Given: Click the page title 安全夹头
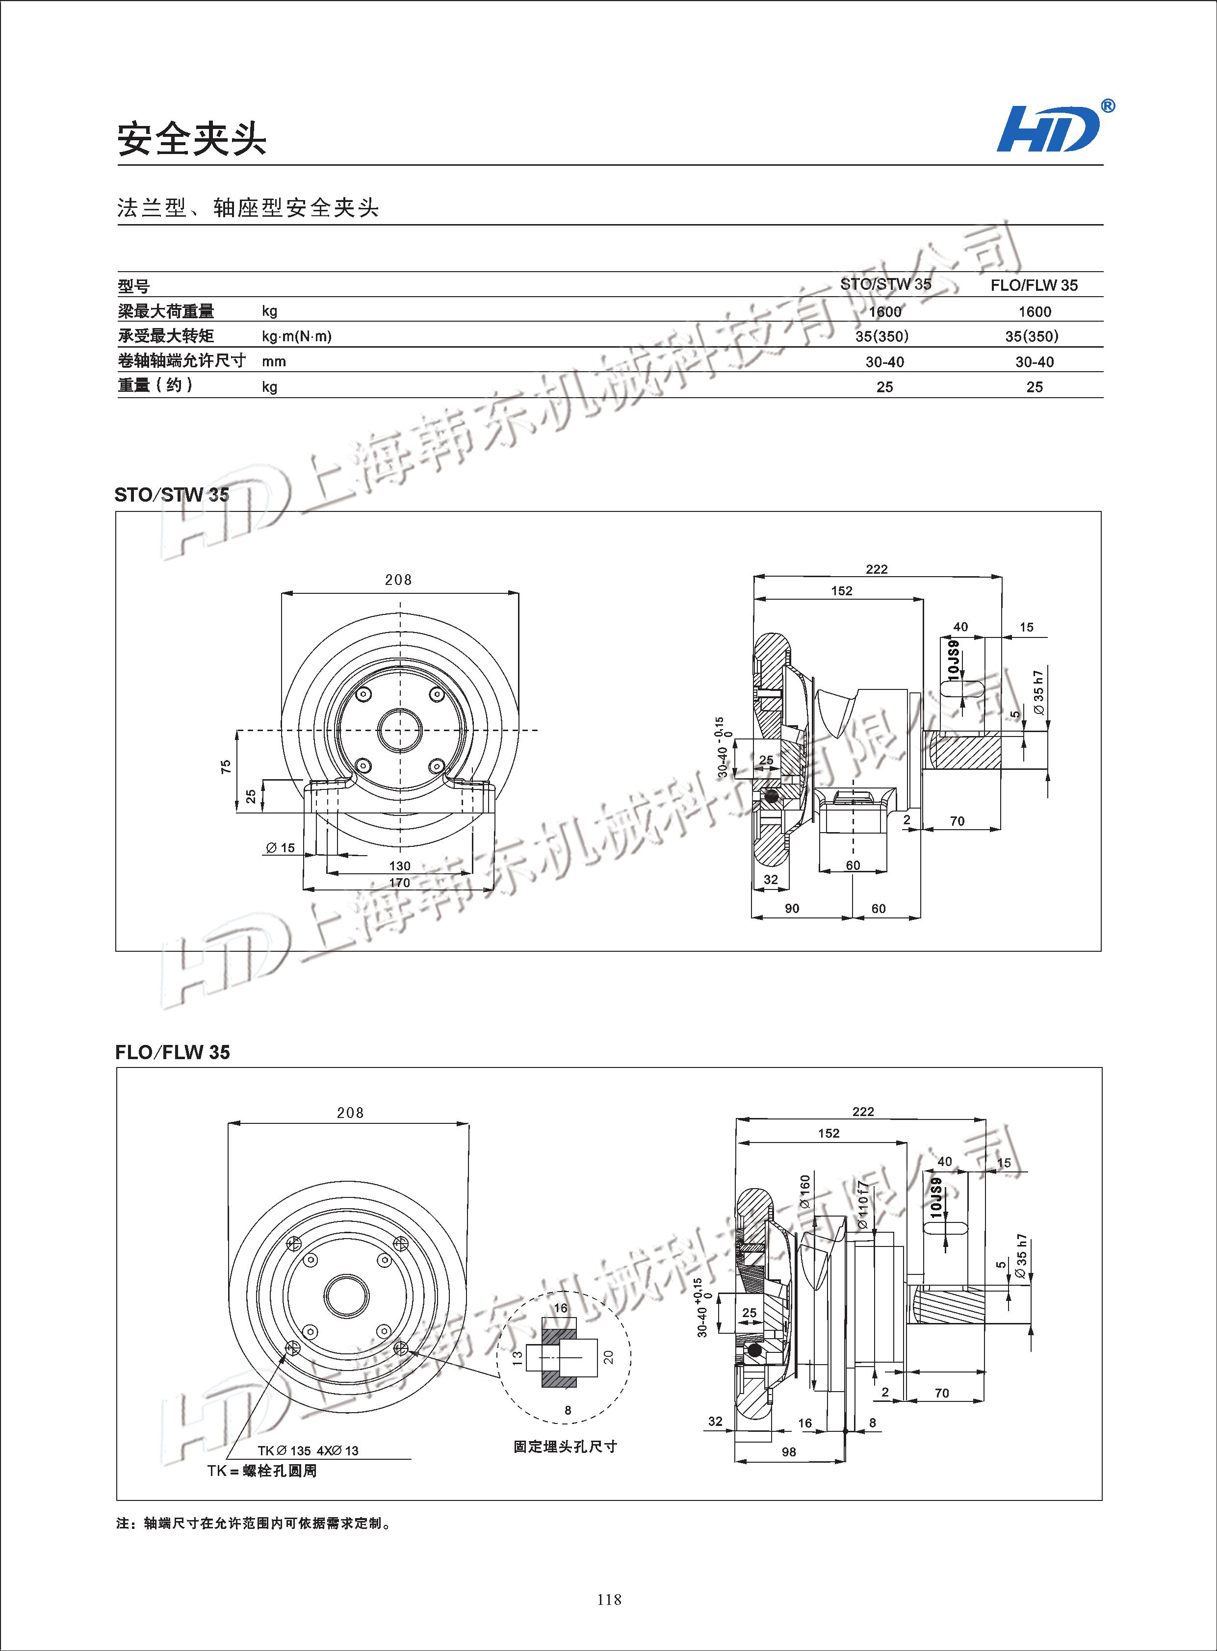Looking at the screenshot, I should click(x=191, y=138).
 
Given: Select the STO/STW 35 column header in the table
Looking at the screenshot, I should click(x=885, y=284).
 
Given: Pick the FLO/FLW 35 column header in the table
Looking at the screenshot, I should click(x=1034, y=285).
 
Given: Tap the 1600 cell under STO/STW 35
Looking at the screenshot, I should click(x=885, y=311).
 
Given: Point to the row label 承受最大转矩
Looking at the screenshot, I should click(x=166, y=336).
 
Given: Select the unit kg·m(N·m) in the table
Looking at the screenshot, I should click(x=296, y=336).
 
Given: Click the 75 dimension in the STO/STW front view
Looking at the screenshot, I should click(x=226, y=766).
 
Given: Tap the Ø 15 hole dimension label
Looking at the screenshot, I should click(x=281, y=848).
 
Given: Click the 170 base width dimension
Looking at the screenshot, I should click(x=399, y=882).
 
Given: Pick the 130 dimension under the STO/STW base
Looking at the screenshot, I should click(x=399, y=865).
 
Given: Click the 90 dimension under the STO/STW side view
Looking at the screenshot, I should click(x=792, y=909).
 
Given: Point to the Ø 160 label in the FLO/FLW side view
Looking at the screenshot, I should click(x=804, y=1191).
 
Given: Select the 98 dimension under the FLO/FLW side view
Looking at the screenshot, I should click(x=789, y=1452).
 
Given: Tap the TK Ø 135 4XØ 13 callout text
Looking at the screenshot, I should click(x=308, y=1451).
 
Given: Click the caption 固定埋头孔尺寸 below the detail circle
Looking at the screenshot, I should click(x=565, y=1447).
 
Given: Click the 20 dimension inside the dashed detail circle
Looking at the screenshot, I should click(x=608, y=1356).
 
